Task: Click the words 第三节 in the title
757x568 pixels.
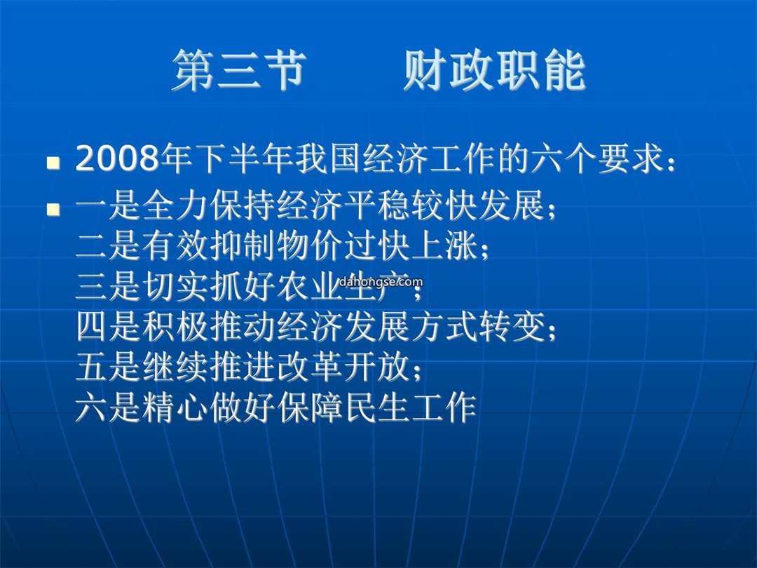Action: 240,71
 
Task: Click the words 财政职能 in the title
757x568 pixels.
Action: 495,71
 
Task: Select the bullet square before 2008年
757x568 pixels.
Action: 53,163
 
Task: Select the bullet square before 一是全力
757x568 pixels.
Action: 53,209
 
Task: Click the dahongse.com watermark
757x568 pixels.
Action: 381,282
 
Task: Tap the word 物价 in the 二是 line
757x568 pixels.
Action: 310,245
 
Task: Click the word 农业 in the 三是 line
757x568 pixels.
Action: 310,286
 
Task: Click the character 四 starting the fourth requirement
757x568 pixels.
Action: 91,327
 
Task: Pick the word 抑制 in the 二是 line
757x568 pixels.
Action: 243,245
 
